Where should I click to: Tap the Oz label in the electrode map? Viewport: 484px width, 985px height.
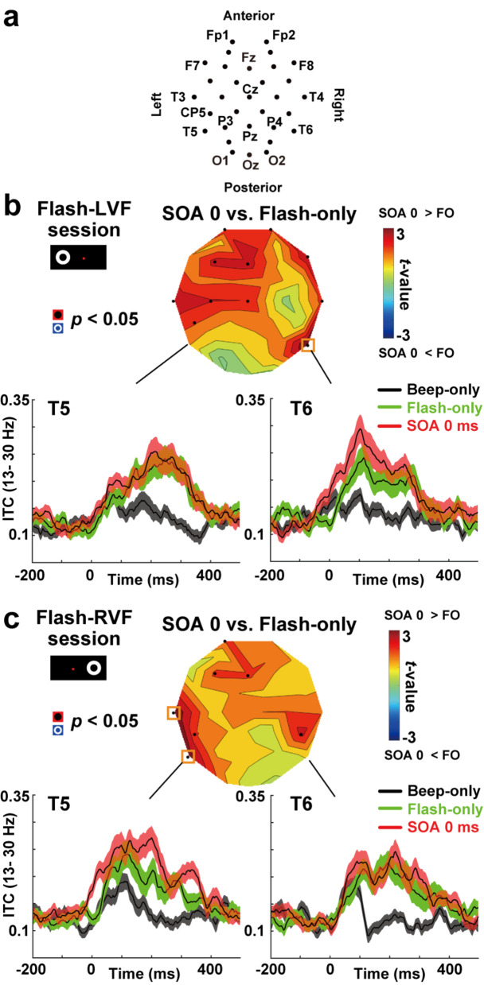point(251,165)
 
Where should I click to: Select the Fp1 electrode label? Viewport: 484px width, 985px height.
point(217,36)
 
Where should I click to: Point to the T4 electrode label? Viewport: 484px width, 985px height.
point(316,97)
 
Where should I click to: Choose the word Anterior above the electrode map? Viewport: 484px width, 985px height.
point(249,16)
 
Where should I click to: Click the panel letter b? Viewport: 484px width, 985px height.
point(14,210)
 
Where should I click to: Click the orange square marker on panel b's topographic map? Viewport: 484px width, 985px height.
point(309,344)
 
